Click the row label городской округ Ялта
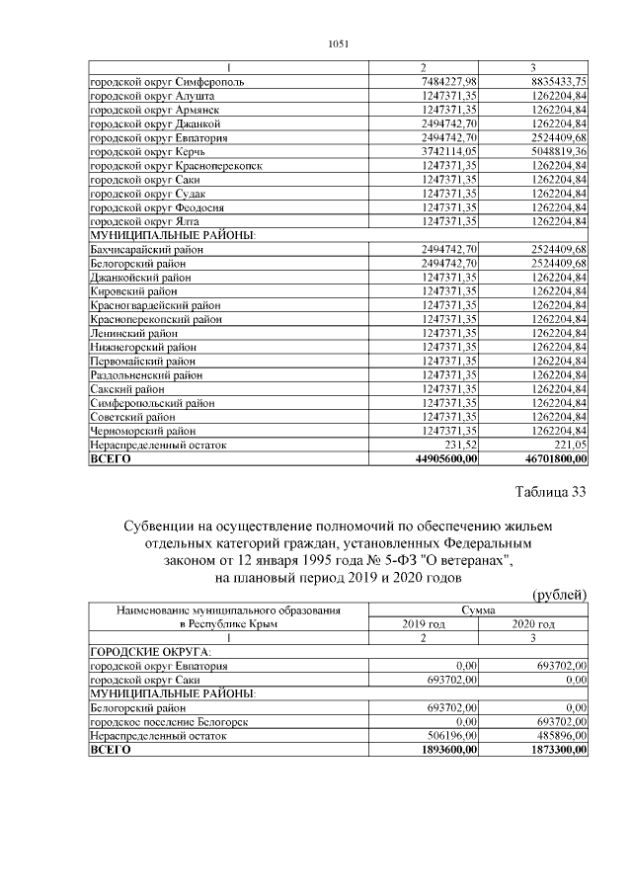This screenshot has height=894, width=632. tap(145, 223)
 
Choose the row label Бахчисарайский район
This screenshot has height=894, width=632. tap(147, 251)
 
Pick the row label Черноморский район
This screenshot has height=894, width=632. tap(144, 431)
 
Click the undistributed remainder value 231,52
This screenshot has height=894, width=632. tap(461, 446)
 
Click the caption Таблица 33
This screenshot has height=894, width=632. tap(551, 494)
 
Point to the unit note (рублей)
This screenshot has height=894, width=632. tap(560, 594)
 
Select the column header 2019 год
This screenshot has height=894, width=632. tap(424, 624)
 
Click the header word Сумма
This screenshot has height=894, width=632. tap(478, 611)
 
